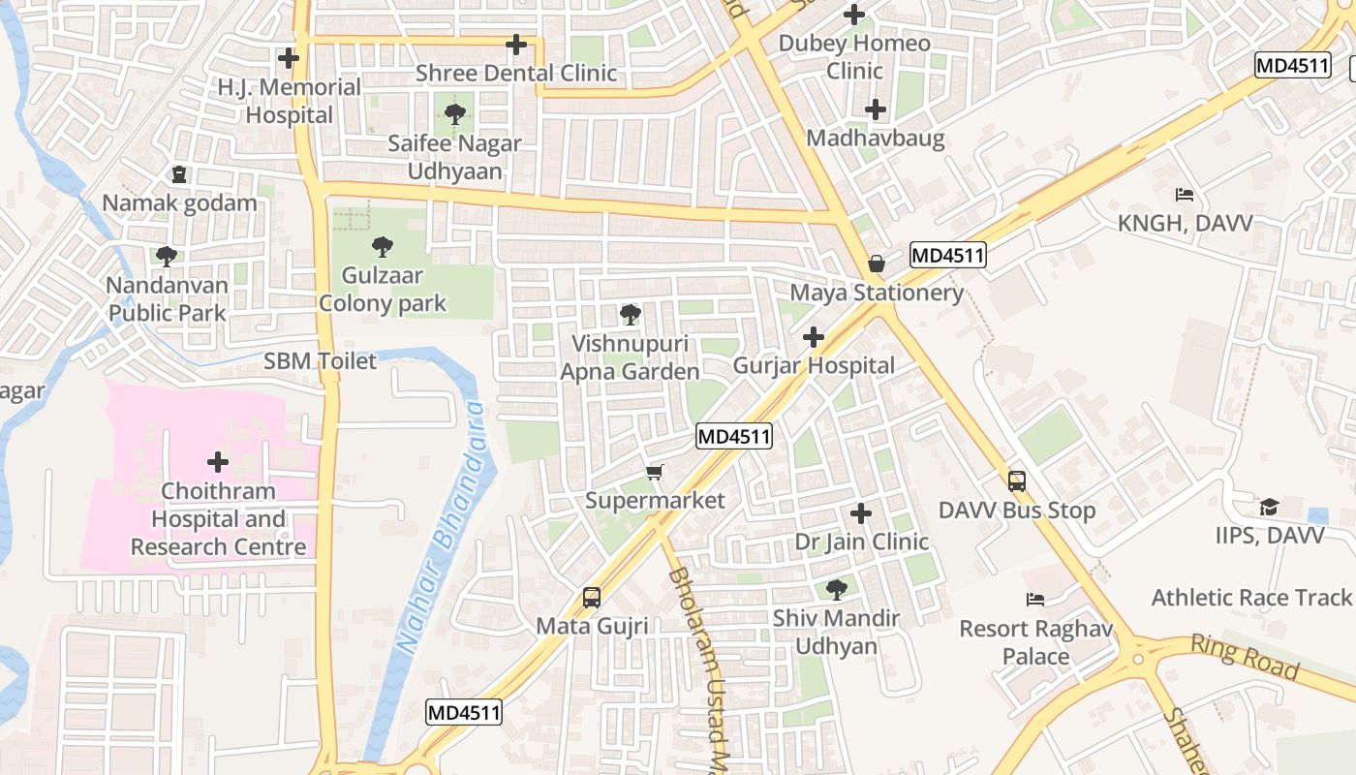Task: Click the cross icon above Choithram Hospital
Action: pyautogui.click(x=218, y=461)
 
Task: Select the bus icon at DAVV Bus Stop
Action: pyautogui.click(x=1016, y=480)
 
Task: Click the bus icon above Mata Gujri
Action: pyautogui.click(x=592, y=597)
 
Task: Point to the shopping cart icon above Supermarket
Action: pyautogui.click(x=655, y=472)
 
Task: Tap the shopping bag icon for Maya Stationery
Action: pyautogui.click(x=876, y=263)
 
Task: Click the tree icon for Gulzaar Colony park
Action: pyautogui.click(x=383, y=247)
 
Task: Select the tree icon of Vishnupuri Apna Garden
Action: pyautogui.click(x=630, y=314)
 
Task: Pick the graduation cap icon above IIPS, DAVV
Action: pyautogui.click(x=1269, y=507)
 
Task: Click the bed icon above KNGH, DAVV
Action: pyautogui.click(x=1184, y=195)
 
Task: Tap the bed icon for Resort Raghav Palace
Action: pyautogui.click(x=1035, y=600)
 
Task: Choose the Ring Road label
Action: pyautogui.click(x=1244, y=656)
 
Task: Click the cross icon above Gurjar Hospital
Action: pyautogui.click(x=814, y=337)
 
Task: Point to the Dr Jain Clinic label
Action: pyautogui.click(x=861, y=542)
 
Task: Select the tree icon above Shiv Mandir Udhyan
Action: pyautogui.click(x=836, y=588)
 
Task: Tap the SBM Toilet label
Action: pyautogui.click(x=320, y=361)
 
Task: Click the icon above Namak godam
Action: pyautogui.click(x=179, y=174)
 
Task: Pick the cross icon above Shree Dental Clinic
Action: pyautogui.click(x=516, y=45)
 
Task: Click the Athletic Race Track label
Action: pyautogui.click(x=1250, y=598)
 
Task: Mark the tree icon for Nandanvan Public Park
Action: pyautogui.click(x=167, y=257)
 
